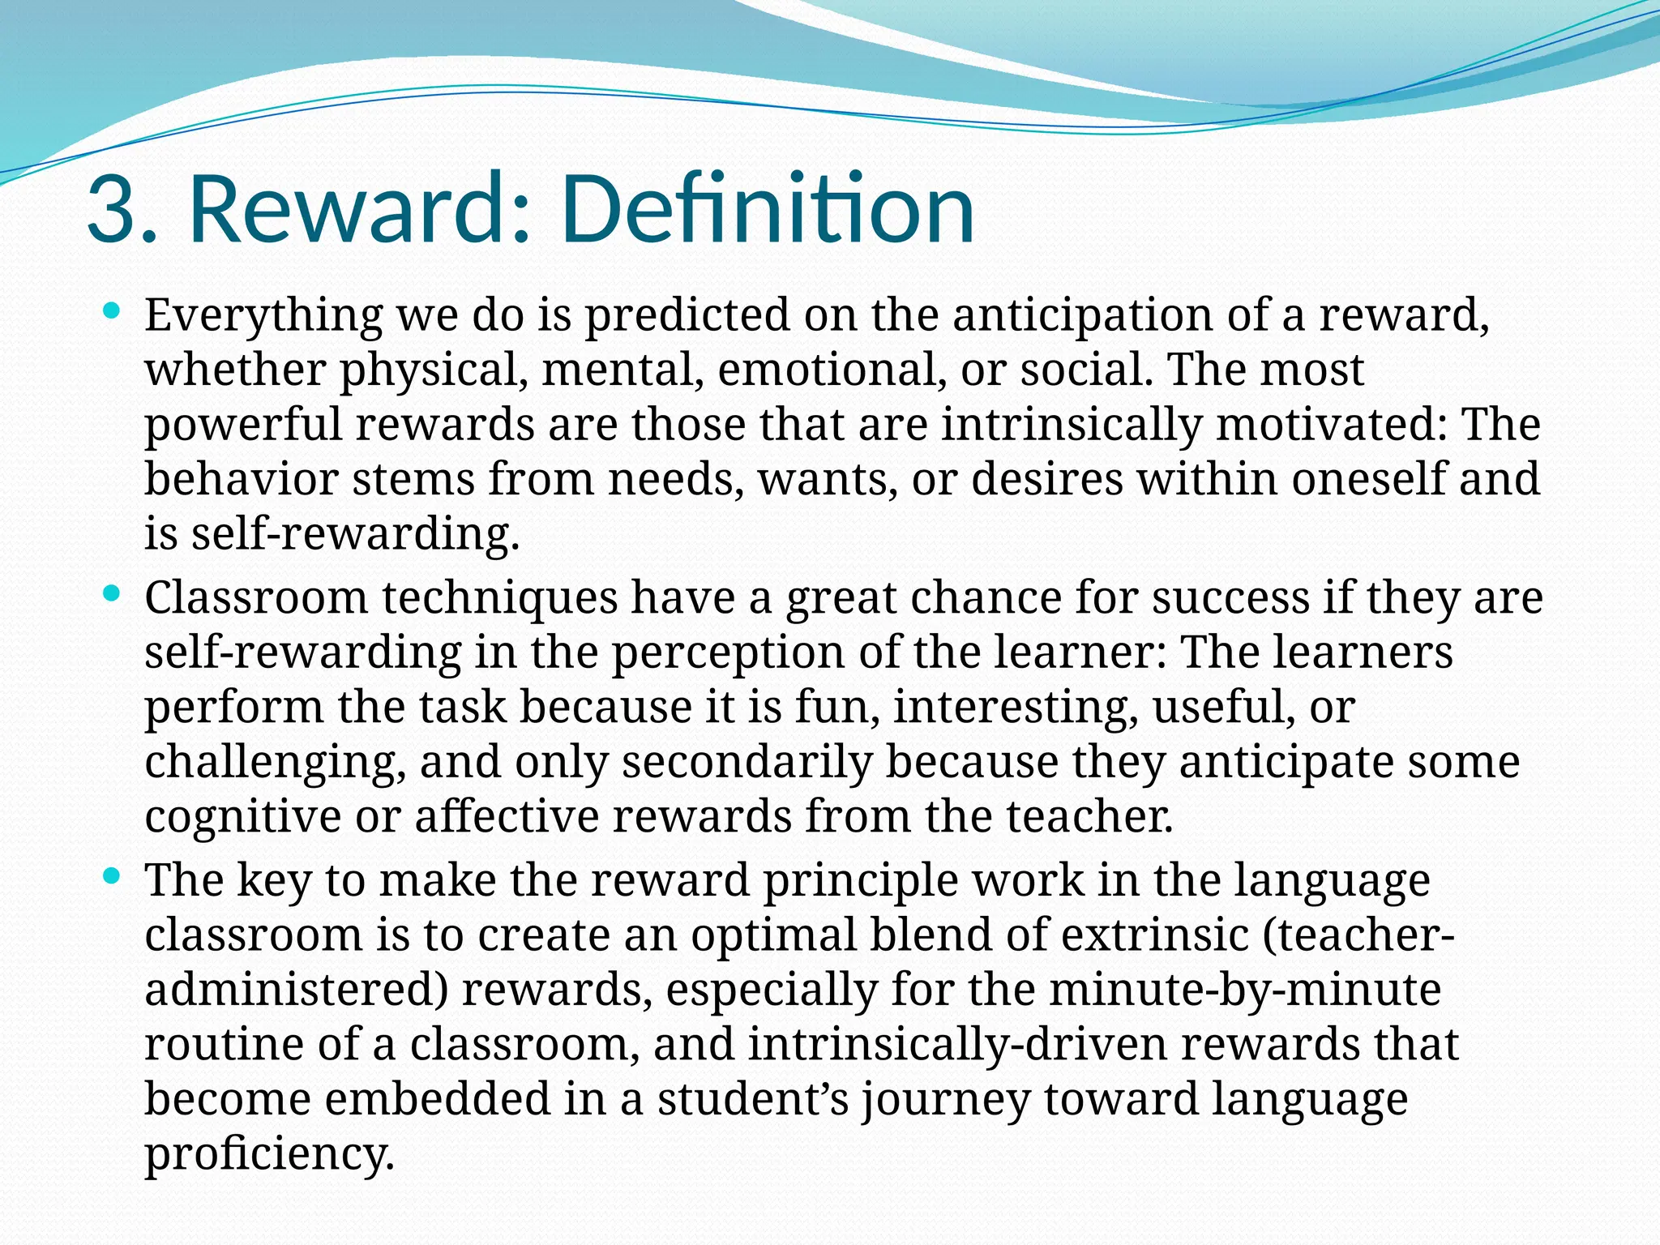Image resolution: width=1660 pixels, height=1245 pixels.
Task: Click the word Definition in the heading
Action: pyautogui.click(x=766, y=209)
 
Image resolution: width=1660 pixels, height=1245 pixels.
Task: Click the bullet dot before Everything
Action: pyautogui.click(x=113, y=310)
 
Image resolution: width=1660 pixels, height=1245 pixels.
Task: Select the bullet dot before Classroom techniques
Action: pyautogui.click(x=113, y=594)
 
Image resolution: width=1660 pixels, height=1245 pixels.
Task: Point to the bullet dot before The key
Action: pyautogui.click(x=113, y=876)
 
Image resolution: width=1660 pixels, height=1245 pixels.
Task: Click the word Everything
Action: pyautogui.click(x=263, y=315)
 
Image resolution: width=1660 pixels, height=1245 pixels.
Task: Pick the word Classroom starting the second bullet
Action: pyautogui.click(x=256, y=598)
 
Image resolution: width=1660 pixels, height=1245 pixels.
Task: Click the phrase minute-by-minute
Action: pyautogui.click(x=1244, y=990)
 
